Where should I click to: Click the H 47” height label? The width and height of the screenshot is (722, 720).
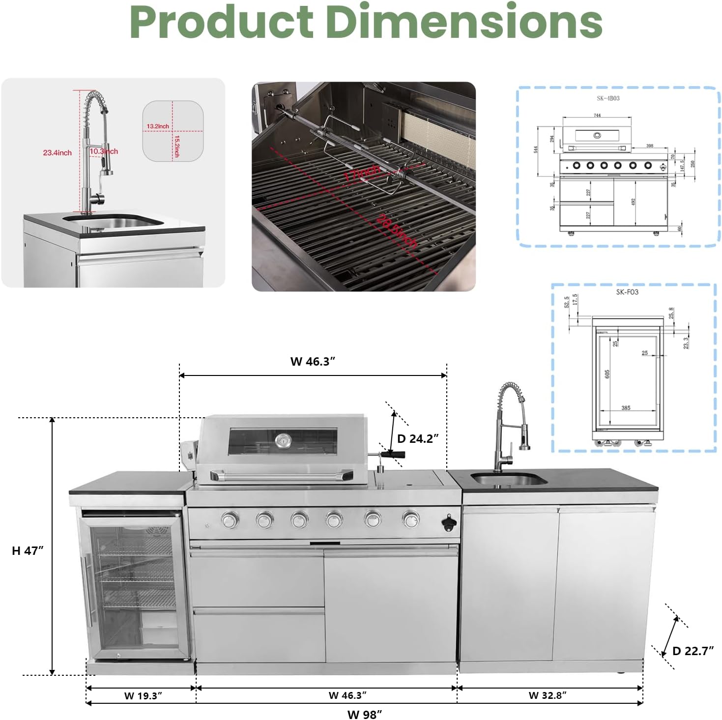[28, 550]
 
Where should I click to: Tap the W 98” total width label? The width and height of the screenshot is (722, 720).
[364, 714]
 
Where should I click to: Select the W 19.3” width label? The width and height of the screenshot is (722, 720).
[143, 695]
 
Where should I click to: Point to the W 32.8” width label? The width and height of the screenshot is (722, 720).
[548, 695]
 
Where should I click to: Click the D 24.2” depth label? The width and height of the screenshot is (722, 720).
[418, 438]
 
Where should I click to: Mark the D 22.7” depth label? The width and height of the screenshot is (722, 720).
[693, 651]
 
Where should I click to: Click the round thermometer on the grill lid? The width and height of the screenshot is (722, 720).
[283, 440]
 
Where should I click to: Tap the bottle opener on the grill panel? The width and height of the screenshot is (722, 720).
[449, 524]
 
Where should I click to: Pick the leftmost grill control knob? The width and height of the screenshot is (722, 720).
[230, 519]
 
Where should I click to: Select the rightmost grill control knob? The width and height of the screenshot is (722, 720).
[410, 518]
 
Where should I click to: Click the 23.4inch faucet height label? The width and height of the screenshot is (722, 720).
[57, 153]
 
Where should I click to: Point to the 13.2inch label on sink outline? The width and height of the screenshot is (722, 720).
[157, 126]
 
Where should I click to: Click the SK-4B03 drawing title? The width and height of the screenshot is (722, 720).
[608, 98]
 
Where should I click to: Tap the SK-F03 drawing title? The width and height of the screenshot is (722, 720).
[627, 292]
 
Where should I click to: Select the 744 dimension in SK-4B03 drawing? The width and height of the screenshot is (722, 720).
[597, 115]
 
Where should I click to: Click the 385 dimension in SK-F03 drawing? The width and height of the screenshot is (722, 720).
[625, 408]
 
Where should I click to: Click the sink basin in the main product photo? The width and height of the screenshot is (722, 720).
[508, 478]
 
